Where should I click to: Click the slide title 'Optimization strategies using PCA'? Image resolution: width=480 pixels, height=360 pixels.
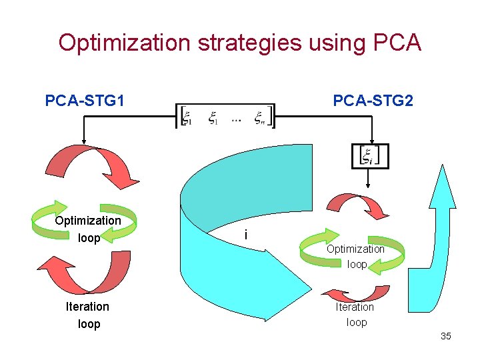point(239,43)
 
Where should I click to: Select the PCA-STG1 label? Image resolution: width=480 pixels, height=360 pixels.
point(85,101)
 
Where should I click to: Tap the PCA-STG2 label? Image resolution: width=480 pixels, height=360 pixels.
point(373,101)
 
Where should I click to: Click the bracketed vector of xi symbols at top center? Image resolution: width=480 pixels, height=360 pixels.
point(225,117)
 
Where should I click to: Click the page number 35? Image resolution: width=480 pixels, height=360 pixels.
point(445,336)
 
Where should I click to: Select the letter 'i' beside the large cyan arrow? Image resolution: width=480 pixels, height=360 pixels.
point(247,235)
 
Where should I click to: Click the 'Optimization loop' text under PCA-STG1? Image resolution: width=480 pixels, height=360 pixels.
point(88,229)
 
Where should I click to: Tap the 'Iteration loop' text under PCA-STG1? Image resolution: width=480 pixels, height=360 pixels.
point(87,315)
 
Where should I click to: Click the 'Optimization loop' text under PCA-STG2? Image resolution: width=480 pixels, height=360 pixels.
point(356,256)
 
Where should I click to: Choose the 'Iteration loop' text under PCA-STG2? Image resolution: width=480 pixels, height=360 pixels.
point(355,314)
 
